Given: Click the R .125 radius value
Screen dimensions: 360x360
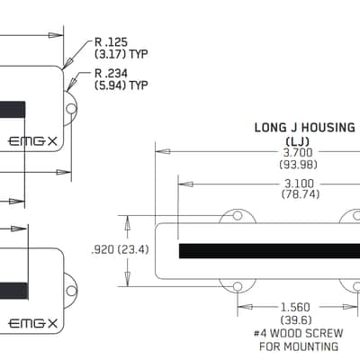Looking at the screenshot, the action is pyautogui.click(x=111, y=41).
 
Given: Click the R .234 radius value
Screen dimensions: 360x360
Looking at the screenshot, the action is pyautogui.click(x=111, y=73).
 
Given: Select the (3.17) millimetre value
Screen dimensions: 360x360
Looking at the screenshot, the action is pyautogui.click(x=110, y=54).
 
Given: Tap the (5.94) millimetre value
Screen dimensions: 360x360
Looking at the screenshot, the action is pyautogui.click(x=110, y=85).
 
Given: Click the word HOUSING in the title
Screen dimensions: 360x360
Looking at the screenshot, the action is pyautogui.click(x=328, y=128).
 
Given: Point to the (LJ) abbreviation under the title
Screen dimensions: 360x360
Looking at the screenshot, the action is pyautogui.click(x=298, y=141).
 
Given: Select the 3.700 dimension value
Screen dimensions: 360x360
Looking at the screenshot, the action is pyautogui.click(x=298, y=152).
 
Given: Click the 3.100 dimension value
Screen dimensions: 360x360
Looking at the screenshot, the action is pyautogui.click(x=299, y=184).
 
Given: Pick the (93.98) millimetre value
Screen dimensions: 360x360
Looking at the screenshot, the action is pyautogui.click(x=298, y=165).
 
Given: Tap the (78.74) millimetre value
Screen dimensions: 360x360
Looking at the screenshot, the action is pyautogui.click(x=301, y=194).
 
